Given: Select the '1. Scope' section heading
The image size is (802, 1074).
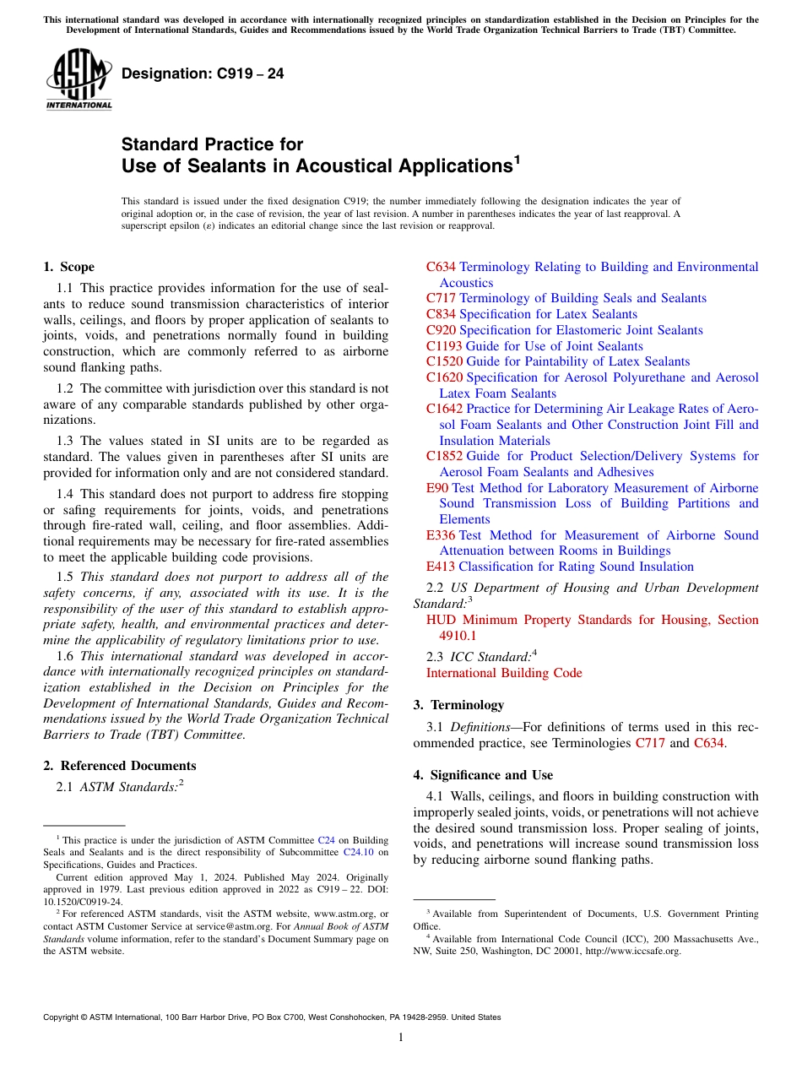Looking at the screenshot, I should pyautogui.click(x=68, y=267).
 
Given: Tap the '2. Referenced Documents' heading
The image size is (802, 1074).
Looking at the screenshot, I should pyautogui.click(x=119, y=766).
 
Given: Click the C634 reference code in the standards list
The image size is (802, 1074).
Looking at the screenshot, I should pyautogui.click(x=441, y=267).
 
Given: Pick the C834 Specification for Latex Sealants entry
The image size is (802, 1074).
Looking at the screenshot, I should pyautogui.click(x=531, y=314).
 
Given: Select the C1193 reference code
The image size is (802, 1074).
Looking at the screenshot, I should pyautogui.click(x=444, y=346).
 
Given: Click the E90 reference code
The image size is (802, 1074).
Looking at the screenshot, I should pyautogui.click(x=436, y=488).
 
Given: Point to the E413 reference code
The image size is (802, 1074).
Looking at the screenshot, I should pyautogui.click(x=440, y=567).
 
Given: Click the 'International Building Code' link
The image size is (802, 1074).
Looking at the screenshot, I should pyautogui.click(x=504, y=673).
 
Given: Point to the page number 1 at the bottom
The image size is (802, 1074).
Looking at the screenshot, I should pyautogui.click(x=401, y=1038).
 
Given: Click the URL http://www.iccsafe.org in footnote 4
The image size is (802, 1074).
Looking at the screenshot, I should pyautogui.click(x=628, y=951).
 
